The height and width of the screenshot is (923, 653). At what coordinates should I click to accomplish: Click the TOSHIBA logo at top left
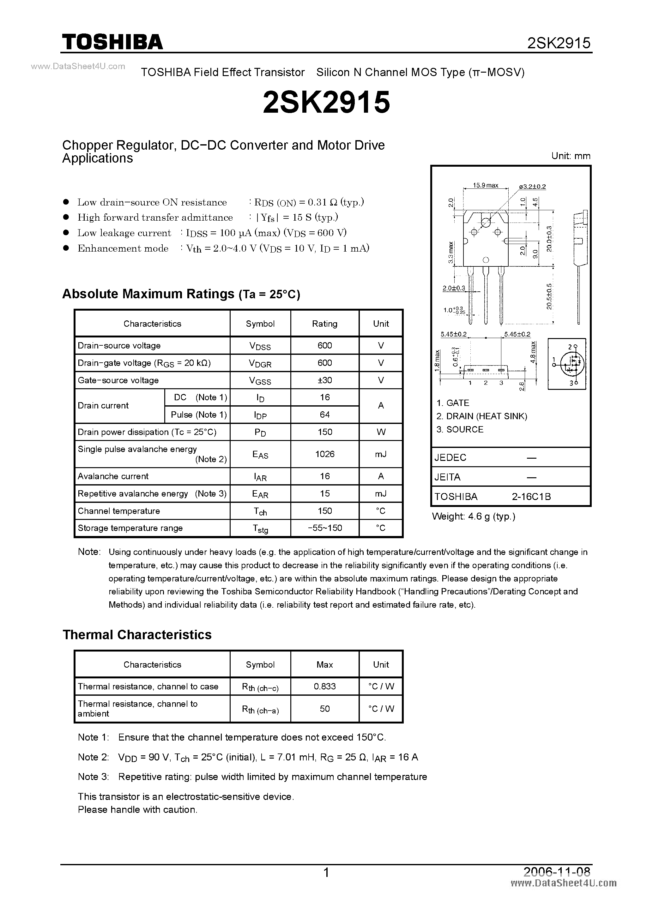[x=112, y=42]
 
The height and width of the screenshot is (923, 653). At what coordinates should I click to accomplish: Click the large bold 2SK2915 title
[x=326, y=102]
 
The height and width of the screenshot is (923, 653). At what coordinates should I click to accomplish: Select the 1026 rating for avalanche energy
[x=325, y=454]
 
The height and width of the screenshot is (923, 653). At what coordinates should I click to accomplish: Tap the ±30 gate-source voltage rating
[x=325, y=380]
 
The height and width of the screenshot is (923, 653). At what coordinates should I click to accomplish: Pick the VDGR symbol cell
[x=260, y=363]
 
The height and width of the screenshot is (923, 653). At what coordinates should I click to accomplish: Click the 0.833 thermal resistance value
[x=325, y=686]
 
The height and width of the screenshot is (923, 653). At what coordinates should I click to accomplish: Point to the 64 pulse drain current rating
[x=325, y=414]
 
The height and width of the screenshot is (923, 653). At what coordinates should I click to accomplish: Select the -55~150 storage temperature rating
[x=325, y=528]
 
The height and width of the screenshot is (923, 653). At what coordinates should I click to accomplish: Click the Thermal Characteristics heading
[x=137, y=634]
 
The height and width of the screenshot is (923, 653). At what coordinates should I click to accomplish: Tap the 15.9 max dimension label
[x=485, y=185]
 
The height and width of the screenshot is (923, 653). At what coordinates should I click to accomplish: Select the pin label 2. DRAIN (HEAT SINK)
[x=481, y=416]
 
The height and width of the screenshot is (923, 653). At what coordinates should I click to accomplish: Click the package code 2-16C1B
[x=531, y=497]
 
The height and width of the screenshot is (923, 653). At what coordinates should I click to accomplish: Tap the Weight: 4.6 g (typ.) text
[x=474, y=516]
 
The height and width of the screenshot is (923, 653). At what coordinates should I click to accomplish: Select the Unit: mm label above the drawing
[x=571, y=156]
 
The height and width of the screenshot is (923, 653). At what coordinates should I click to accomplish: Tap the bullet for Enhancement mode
[x=67, y=248]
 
